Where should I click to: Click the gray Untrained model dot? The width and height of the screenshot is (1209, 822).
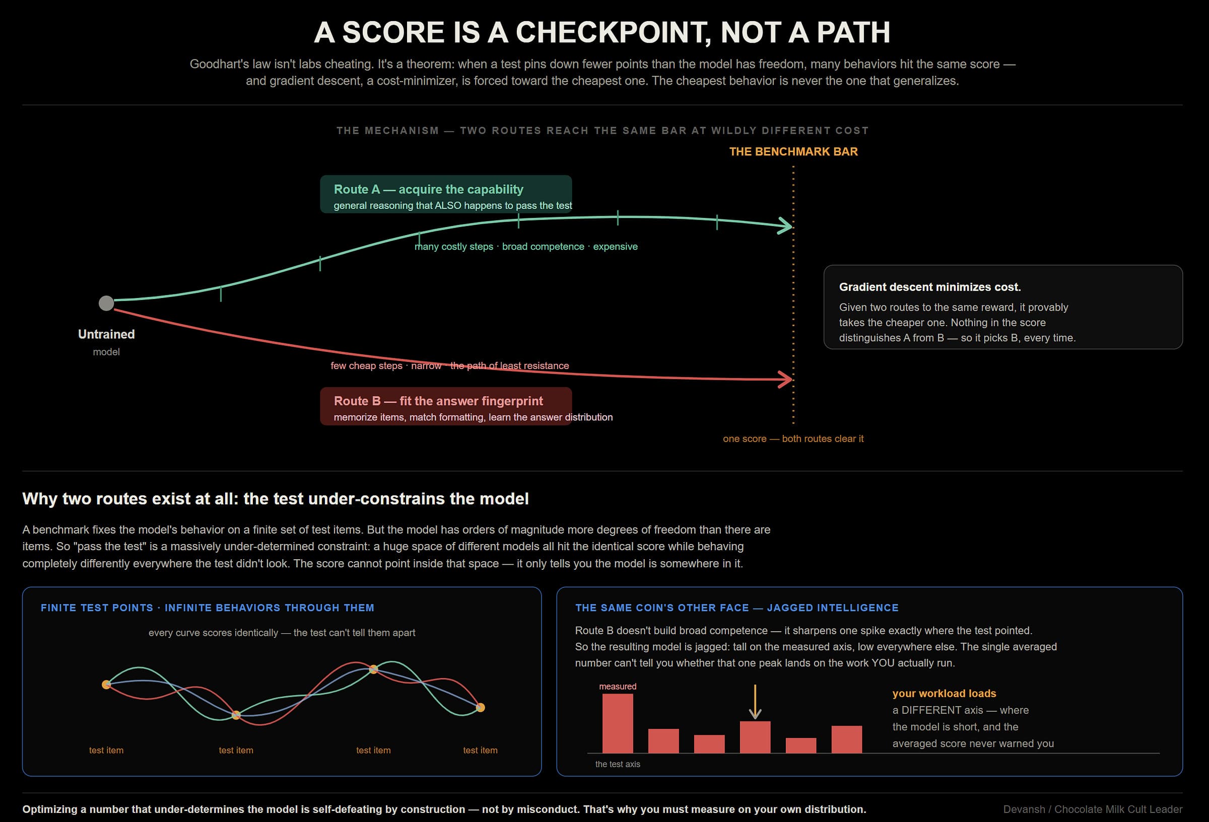pyautogui.click(x=106, y=303)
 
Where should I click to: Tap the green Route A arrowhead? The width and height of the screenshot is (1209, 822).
pyautogui.click(x=785, y=226)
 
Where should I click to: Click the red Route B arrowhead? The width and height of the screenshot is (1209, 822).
pyautogui.click(x=785, y=379)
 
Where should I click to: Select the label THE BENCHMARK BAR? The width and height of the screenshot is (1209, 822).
pyautogui.click(x=793, y=152)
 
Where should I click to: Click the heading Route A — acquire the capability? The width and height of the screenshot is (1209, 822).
pyautogui.click(x=428, y=189)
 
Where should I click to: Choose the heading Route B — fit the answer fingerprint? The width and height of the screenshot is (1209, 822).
pyautogui.click(x=438, y=401)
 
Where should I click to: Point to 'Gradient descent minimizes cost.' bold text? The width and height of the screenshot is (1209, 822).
pyautogui.click(x=929, y=287)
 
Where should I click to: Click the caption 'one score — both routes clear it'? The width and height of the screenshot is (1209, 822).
pyautogui.click(x=793, y=438)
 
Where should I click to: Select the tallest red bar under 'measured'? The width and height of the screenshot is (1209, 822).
pyautogui.click(x=618, y=723)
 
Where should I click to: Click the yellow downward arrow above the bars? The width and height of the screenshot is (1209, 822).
pyautogui.click(x=755, y=701)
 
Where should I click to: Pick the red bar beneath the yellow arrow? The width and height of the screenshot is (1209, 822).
pyautogui.click(x=755, y=737)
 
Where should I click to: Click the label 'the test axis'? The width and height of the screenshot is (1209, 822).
pyautogui.click(x=618, y=764)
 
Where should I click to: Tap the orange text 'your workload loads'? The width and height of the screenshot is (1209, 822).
pyautogui.click(x=944, y=693)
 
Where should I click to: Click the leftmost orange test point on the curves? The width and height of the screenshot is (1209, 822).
pyautogui.click(x=106, y=685)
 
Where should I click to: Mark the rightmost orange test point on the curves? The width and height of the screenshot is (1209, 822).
pyautogui.click(x=480, y=708)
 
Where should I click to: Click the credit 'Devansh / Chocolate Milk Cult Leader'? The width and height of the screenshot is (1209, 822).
pyautogui.click(x=1093, y=809)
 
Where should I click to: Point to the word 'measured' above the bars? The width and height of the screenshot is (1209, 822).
pyautogui.click(x=618, y=686)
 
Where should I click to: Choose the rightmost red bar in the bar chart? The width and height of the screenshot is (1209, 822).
pyautogui.click(x=846, y=739)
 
